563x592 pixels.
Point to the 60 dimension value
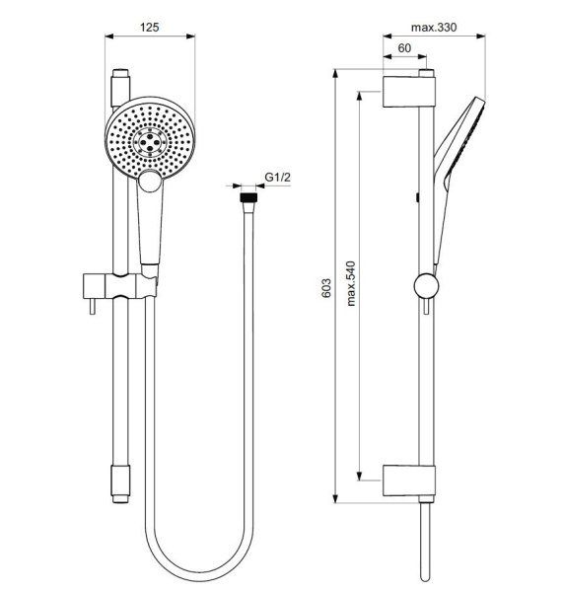[404, 48]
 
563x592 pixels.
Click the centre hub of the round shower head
[150, 140]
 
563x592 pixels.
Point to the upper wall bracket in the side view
[408, 91]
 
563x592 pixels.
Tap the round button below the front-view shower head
[150, 181]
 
